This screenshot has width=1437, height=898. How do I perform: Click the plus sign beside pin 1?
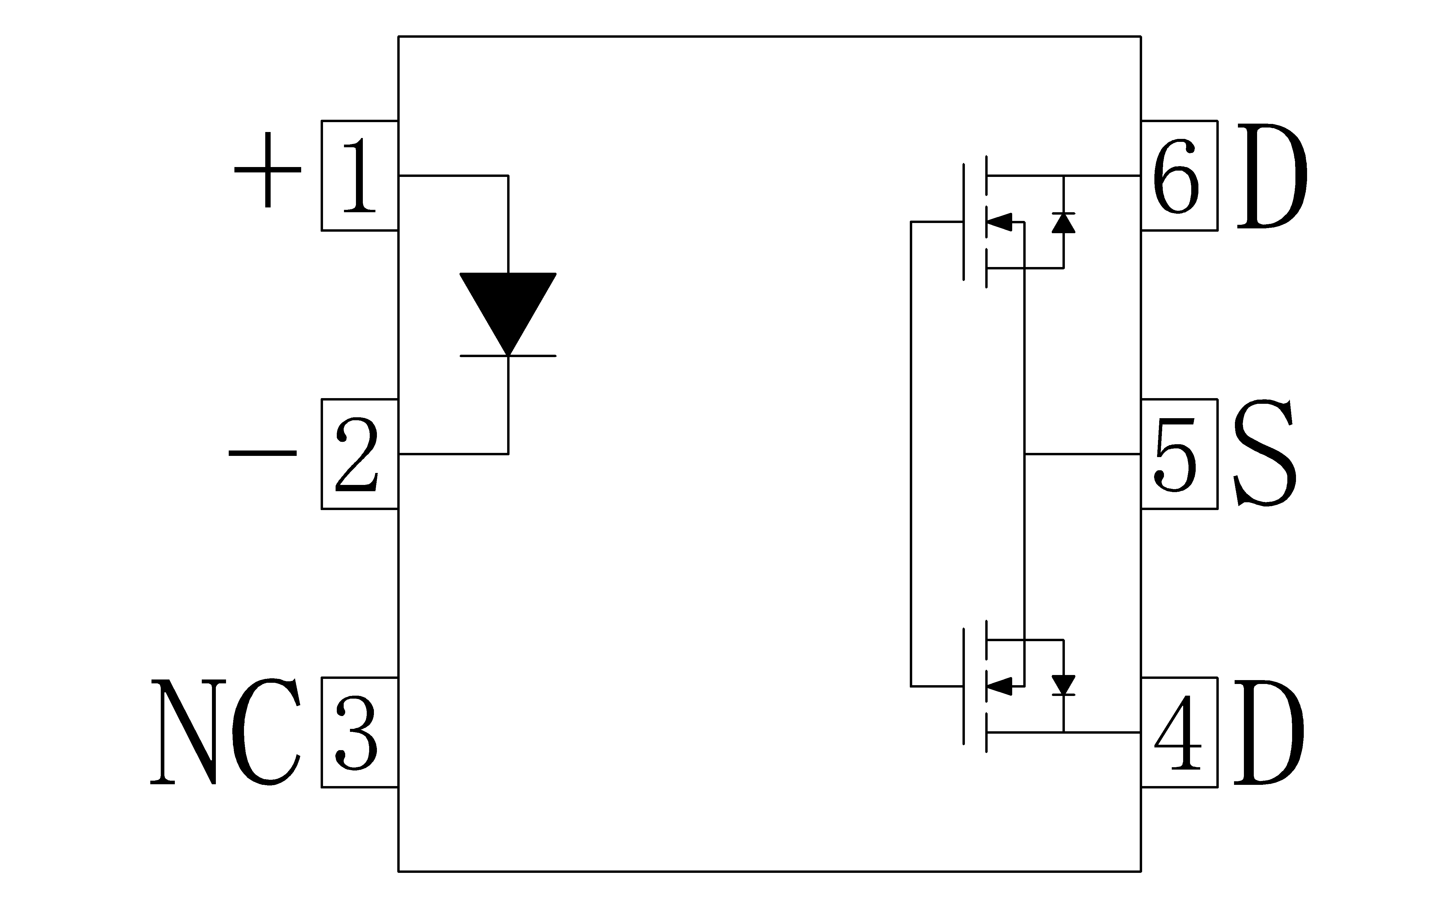coord(268,170)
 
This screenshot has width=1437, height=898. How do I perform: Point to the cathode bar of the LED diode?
coord(508,356)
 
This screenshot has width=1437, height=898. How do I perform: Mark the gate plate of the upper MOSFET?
coord(964,222)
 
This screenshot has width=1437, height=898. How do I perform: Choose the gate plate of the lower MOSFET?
coord(964,686)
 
